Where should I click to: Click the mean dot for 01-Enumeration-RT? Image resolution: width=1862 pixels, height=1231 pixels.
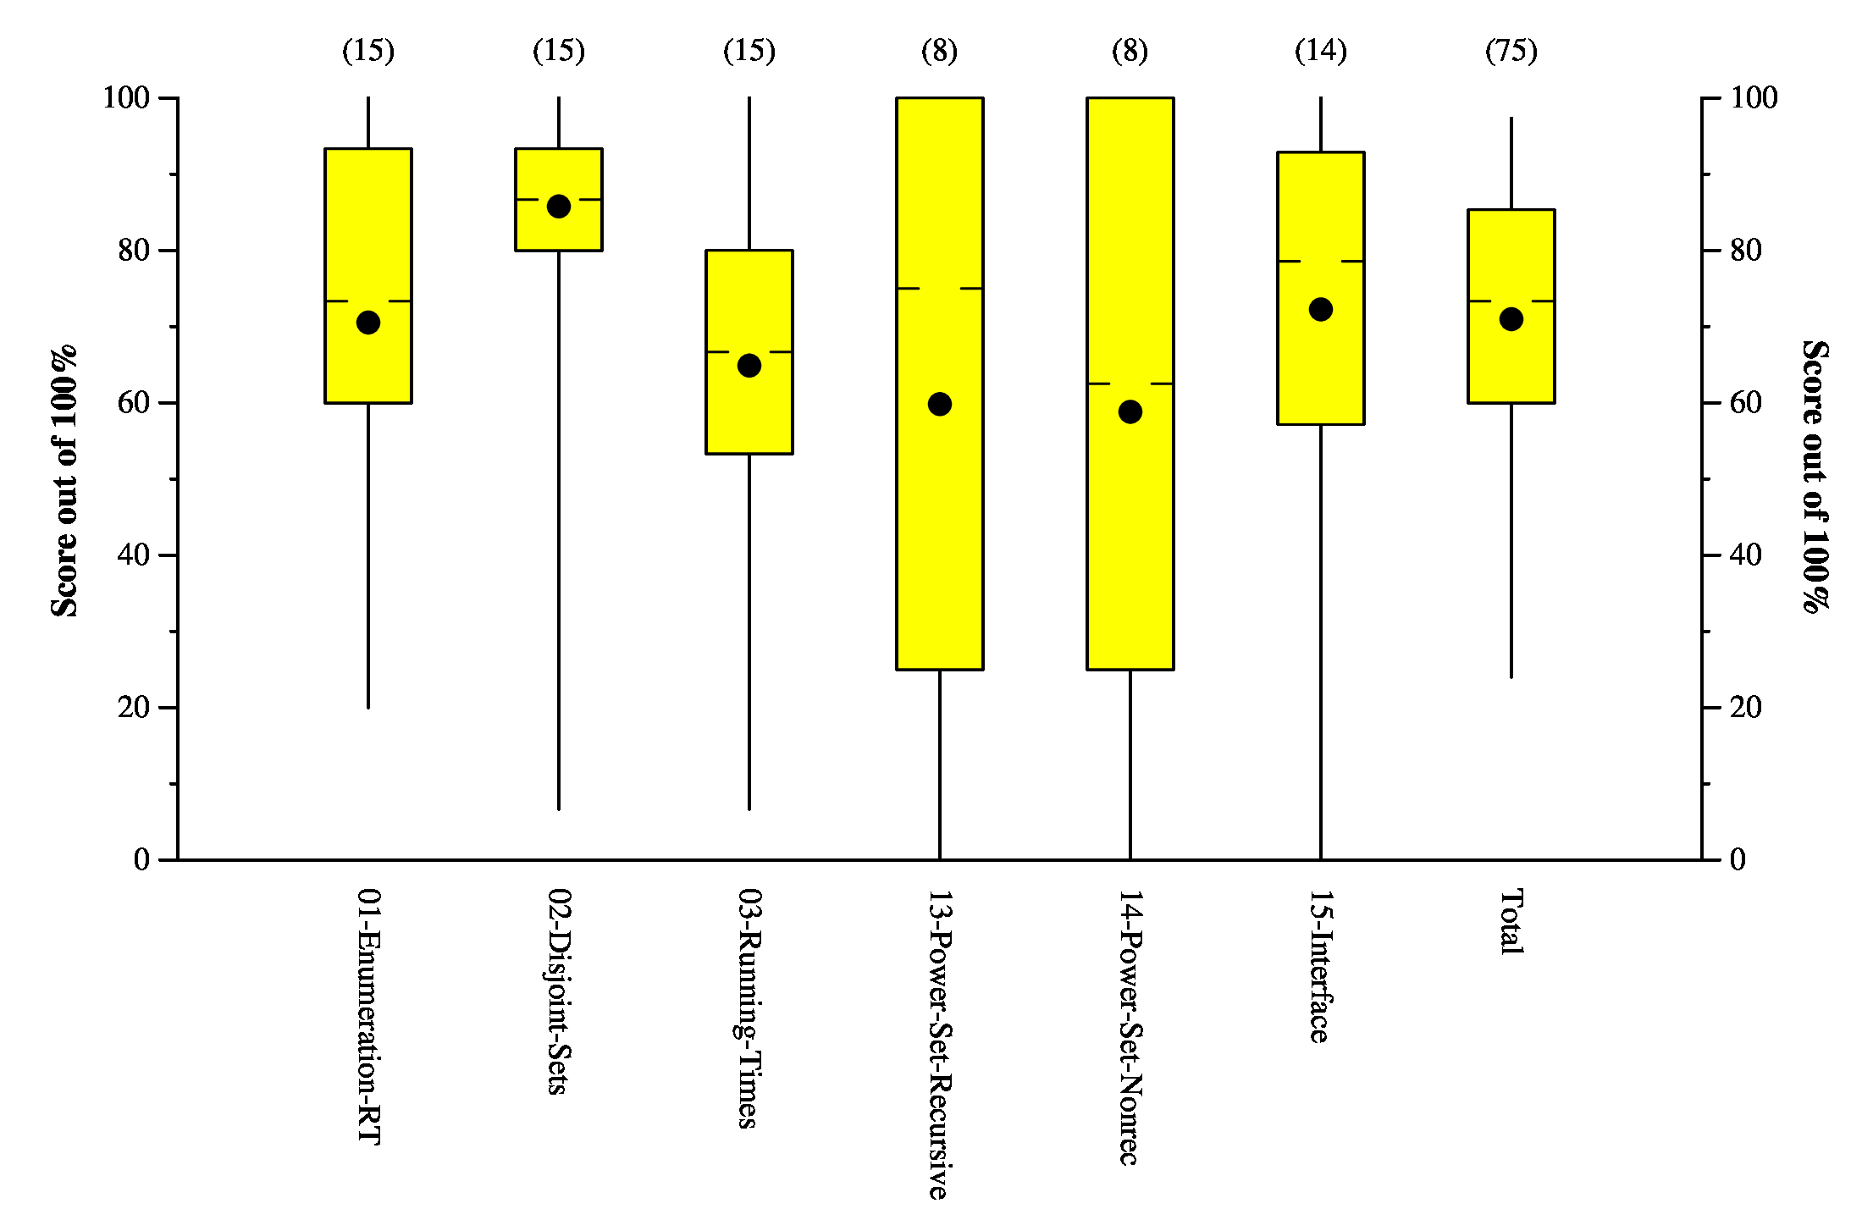pyautogui.click(x=368, y=323)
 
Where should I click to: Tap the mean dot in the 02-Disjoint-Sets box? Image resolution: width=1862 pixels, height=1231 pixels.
pyautogui.click(x=559, y=207)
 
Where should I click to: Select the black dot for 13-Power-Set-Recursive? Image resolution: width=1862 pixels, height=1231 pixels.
pyautogui.click(x=940, y=404)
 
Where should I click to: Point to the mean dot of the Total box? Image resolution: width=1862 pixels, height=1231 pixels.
pyautogui.click(x=1511, y=319)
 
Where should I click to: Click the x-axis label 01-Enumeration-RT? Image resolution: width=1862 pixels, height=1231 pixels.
pyautogui.click(x=369, y=1016)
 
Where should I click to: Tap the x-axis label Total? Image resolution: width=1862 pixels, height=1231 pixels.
pyautogui.click(x=1511, y=922)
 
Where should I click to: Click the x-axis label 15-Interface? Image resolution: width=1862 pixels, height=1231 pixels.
pyautogui.click(x=1320, y=966)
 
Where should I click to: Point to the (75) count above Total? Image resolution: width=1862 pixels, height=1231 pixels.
pyautogui.click(x=1511, y=51)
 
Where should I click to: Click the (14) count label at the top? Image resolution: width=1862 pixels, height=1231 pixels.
pyautogui.click(x=1321, y=51)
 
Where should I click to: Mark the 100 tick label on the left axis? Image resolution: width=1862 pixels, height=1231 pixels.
pyautogui.click(x=126, y=97)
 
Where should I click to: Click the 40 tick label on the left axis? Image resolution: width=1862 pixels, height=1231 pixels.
pyautogui.click(x=134, y=555)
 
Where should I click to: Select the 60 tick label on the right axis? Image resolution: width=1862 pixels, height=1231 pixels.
pyautogui.click(x=1746, y=403)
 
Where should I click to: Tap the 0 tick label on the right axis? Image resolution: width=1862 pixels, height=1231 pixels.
pyautogui.click(x=1738, y=860)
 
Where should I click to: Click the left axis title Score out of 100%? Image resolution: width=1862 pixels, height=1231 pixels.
pyautogui.click(x=64, y=481)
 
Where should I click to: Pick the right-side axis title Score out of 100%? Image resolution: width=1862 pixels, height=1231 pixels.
pyautogui.click(x=1815, y=476)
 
